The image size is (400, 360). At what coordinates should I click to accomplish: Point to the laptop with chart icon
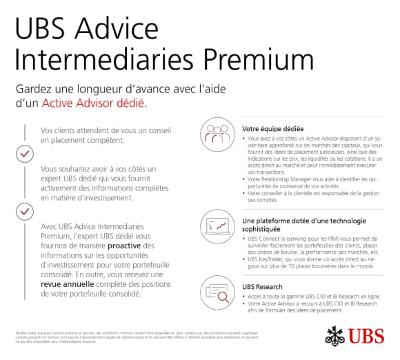tap(216, 225)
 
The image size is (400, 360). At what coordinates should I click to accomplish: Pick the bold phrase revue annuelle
tap(66, 283)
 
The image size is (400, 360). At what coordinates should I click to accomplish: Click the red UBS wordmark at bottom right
tap(366, 337)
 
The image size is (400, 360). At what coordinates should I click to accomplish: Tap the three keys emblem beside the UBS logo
tap(336, 337)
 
